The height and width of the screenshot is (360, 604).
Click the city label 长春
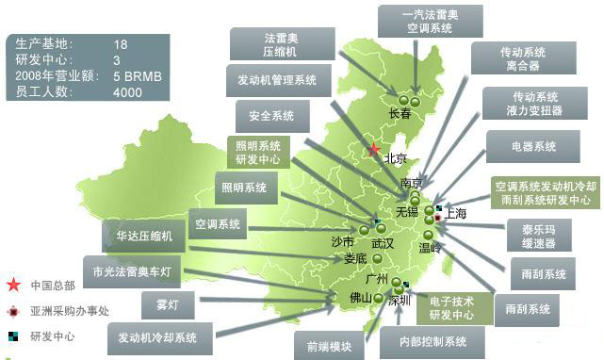coord(400,114)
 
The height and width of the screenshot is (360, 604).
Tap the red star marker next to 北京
coord(373,149)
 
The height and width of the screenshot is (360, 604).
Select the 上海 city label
coord(456,214)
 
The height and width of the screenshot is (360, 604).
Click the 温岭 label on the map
coord(430,249)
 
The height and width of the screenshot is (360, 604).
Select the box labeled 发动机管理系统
coord(271,81)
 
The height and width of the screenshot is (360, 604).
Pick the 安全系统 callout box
coord(271,117)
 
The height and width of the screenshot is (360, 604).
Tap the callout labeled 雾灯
coord(168,304)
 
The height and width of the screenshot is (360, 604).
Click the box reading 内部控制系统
coord(433,341)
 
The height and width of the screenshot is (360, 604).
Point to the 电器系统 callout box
coord(531,147)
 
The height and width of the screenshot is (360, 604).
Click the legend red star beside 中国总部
coord(13,285)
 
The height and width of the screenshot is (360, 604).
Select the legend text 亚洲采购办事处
coord(70,310)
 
